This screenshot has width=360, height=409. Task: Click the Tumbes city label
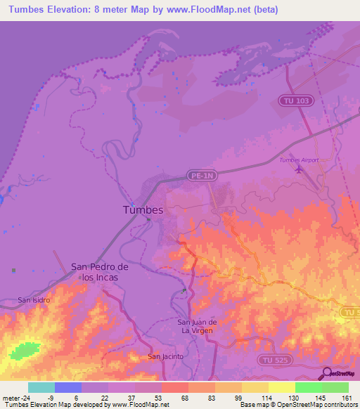point(143,210)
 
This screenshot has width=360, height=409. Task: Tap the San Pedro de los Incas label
point(99,272)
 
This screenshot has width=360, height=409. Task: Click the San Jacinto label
point(165,356)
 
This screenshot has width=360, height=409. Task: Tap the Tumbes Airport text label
point(299,160)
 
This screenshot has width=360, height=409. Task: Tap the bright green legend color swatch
point(308,387)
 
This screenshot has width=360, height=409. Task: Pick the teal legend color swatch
point(41,387)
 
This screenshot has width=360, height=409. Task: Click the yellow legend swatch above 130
point(281,387)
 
